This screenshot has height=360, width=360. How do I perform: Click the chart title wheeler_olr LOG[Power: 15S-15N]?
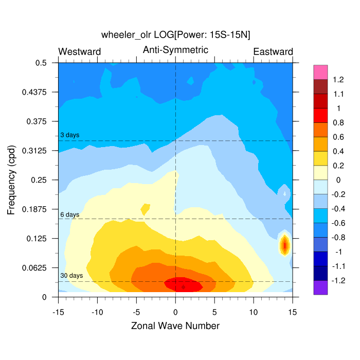pyautogui.click(x=176, y=34)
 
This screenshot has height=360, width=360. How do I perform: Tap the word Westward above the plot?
pyautogui.click(x=80, y=51)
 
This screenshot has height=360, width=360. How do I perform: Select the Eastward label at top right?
pyautogui.click(x=273, y=51)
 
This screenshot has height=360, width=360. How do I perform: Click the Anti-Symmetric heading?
pyautogui.click(x=175, y=50)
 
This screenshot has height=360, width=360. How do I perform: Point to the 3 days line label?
pyautogui.click(x=70, y=135)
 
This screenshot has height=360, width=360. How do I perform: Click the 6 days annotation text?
pyautogui.click(x=70, y=214)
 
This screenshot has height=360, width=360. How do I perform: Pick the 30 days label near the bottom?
pyautogui.click(x=71, y=276)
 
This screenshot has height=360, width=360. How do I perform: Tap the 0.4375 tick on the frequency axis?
pyautogui.click(x=37, y=92)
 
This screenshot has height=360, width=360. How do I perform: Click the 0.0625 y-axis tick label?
pyautogui.click(x=37, y=268)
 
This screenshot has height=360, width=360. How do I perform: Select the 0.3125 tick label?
pyautogui.click(x=37, y=151)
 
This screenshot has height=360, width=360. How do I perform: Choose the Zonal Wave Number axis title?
pyautogui.click(x=175, y=326)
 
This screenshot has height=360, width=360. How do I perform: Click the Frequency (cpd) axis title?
pyautogui.click(x=12, y=179)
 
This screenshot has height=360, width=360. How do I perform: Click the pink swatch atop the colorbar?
pyautogui.click(x=320, y=73)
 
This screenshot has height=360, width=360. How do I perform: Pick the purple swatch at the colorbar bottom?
pyautogui.click(x=320, y=287)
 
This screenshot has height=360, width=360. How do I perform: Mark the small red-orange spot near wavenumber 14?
pyautogui.click(x=284, y=245)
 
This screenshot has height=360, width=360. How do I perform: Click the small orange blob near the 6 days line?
pyautogui.click(x=146, y=209)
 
